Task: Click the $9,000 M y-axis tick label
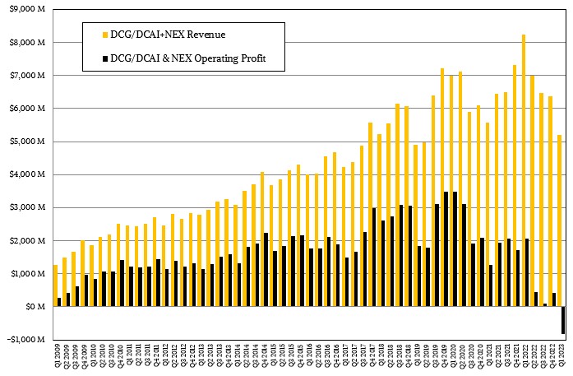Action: pyautogui.click(x=26, y=9)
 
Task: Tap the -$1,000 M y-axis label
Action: pyautogui.click(x=25, y=339)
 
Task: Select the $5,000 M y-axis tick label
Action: pyautogui.click(x=26, y=142)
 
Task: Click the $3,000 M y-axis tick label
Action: pyautogui.click(x=26, y=207)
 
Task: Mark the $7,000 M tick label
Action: pyautogui.click(x=26, y=76)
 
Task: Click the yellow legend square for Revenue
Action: pyautogui.click(x=103, y=35)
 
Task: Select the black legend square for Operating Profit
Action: pyautogui.click(x=103, y=58)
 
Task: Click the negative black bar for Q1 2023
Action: pyautogui.click(x=563, y=320)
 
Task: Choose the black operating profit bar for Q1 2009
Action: pyautogui.click(x=59, y=301)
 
